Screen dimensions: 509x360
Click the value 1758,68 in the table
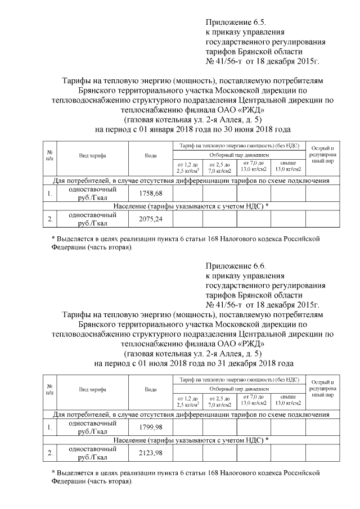coord(150,193)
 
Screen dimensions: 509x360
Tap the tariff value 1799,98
coord(150,427)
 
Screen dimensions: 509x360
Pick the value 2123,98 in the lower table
coord(150,453)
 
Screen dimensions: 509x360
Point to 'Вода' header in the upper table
coord(150,155)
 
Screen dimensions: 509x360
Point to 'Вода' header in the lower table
coord(150,389)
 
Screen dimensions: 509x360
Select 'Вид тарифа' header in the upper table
coord(93,155)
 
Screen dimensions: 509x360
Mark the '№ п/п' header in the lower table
coord(50,389)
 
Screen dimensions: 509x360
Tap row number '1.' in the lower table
coord(50,427)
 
